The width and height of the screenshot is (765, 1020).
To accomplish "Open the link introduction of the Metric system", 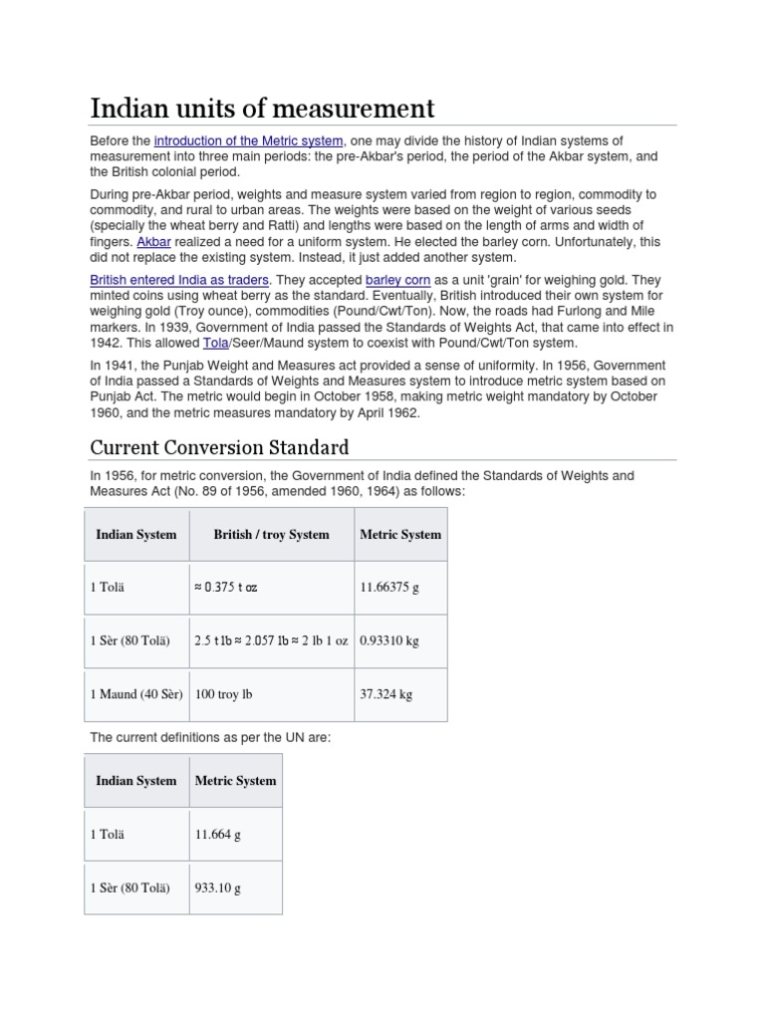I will [248, 141].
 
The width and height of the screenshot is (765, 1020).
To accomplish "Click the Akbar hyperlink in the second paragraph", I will [152, 241].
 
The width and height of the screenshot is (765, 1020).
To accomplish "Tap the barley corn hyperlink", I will [397, 281].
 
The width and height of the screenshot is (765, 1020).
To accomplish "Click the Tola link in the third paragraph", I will [215, 343].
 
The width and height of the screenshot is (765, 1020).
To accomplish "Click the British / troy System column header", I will [271, 535].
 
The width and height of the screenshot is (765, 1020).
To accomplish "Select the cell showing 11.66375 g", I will [388, 588].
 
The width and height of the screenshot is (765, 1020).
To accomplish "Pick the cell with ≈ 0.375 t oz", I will [225, 588].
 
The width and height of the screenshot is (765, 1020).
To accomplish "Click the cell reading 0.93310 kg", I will [388, 640].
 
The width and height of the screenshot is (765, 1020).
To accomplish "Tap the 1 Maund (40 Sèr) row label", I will [136, 694].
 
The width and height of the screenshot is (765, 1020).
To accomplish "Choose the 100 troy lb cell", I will [223, 694].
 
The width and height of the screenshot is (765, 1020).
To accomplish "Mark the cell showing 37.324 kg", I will [385, 694].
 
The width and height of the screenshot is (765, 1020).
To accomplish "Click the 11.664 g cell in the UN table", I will [218, 835].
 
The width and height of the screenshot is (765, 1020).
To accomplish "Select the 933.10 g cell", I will [218, 888].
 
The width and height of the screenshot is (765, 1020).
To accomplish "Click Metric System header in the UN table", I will [236, 781].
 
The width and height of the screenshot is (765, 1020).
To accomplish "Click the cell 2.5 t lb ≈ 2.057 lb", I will [271, 640].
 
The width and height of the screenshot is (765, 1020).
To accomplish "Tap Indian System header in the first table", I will [136, 535].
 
